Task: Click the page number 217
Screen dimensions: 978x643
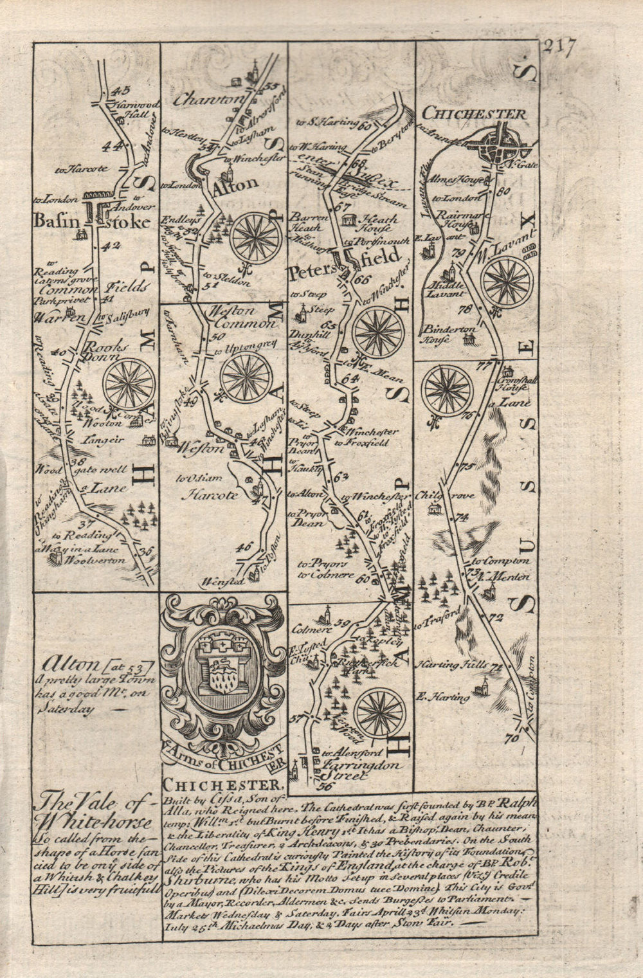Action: click(x=559, y=49)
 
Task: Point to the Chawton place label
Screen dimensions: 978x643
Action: click(x=201, y=100)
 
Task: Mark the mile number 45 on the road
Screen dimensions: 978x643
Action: click(x=120, y=91)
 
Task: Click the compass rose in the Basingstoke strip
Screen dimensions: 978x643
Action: click(x=129, y=384)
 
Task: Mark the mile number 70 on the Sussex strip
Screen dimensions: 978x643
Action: click(x=512, y=739)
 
